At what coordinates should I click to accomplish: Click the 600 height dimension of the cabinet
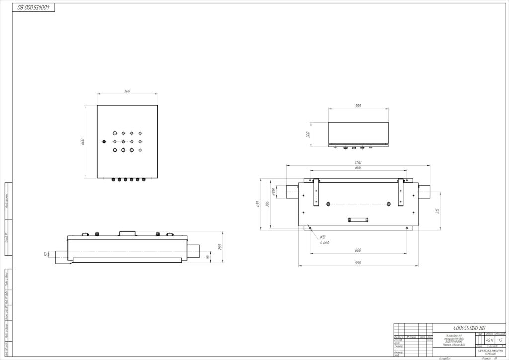(x=83, y=141)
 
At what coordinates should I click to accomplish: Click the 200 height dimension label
(x=308, y=134)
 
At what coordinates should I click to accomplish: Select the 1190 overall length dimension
(x=357, y=163)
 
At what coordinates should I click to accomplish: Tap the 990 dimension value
(x=358, y=263)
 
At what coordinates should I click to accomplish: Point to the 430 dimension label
(x=258, y=204)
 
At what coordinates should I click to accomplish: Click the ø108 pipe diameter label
(x=274, y=191)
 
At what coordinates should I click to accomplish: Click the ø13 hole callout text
(x=322, y=237)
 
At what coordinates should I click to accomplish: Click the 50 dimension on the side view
(x=46, y=254)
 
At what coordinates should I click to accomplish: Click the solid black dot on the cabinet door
(x=104, y=142)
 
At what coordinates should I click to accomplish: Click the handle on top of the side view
(x=127, y=232)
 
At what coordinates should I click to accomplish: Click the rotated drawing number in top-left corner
(x=35, y=8)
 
